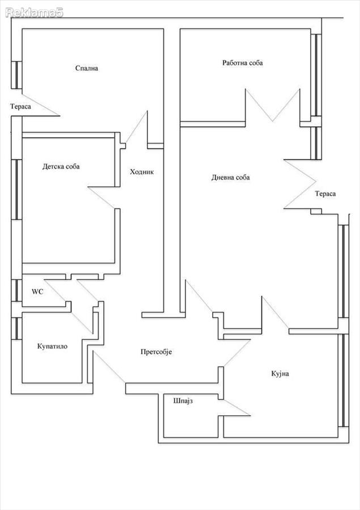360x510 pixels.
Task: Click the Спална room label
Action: [x=87, y=69]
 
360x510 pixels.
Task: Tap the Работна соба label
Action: [x=243, y=63]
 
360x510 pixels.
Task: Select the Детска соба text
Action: [x=61, y=167]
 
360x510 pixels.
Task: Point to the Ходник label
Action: [x=142, y=172]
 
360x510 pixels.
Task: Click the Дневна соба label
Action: [x=230, y=177]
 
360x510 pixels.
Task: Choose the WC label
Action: [x=37, y=292]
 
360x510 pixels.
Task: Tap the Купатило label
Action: [x=52, y=346]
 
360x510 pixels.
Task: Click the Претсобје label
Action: [x=156, y=352]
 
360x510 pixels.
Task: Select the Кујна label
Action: [x=280, y=374]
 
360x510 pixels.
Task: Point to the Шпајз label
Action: [x=183, y=401]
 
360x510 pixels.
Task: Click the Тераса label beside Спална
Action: [x=20, y=107]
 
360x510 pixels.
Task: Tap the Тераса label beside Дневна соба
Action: [x=325, y=194]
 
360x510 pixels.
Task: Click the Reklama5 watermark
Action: [x=34, y=12]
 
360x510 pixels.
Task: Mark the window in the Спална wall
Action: [x=15, y=75]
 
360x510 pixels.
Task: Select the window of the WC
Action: [x=15, y=291]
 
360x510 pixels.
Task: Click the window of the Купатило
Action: [x=15, y=329]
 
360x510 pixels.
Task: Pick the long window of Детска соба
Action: [x=15, y=190]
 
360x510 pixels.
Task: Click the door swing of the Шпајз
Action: [x=236, y=408]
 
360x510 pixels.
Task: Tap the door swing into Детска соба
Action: [x=101, y=198]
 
